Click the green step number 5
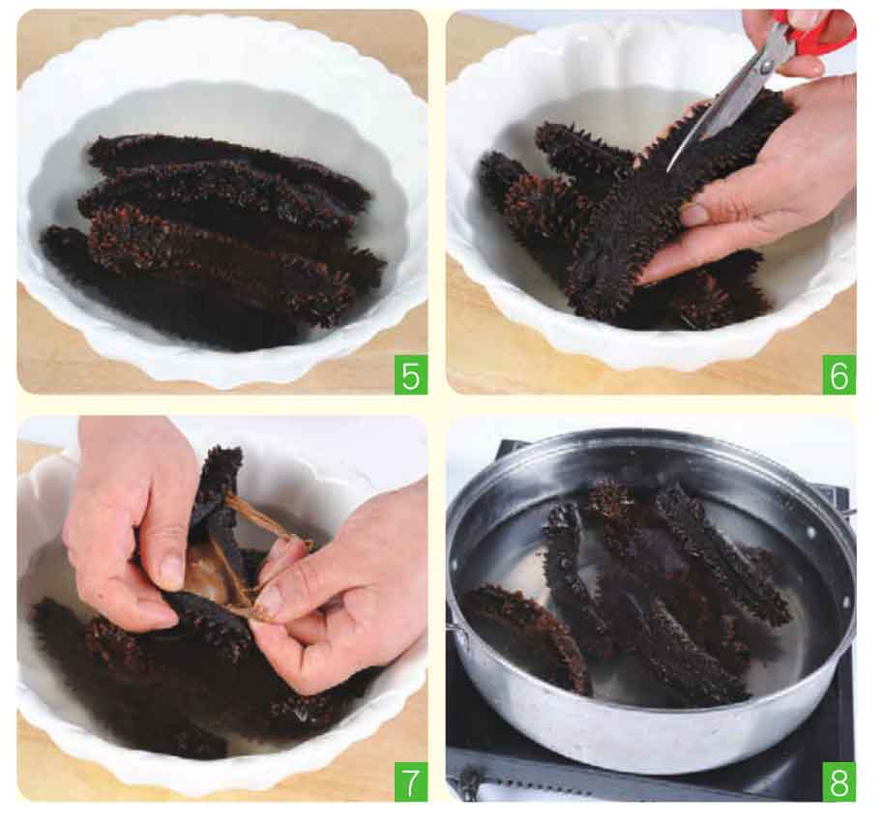411,374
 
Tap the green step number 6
839,374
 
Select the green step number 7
411,781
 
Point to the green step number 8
839,781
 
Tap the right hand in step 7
339,598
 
